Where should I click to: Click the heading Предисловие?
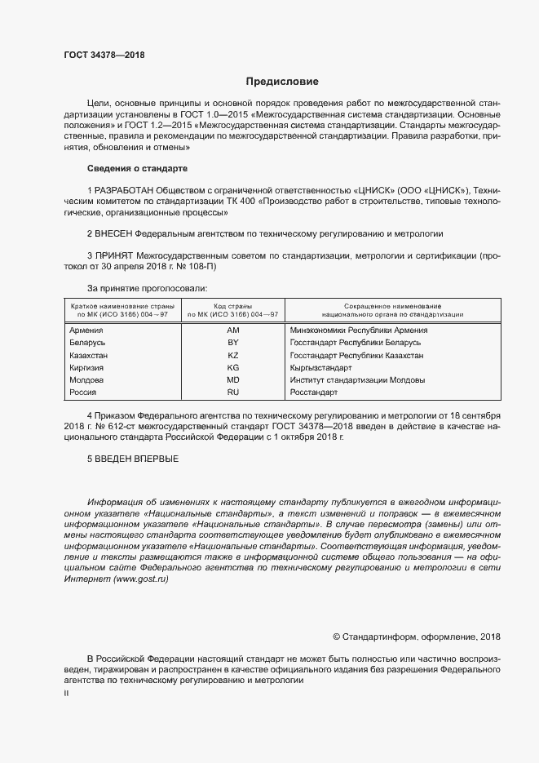[282, 82]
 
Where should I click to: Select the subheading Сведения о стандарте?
[137, 168]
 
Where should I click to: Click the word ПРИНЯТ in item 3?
[116, 255]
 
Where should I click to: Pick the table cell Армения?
[86, 330]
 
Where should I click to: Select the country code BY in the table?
[232, 344]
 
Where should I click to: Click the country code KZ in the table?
[232, 356]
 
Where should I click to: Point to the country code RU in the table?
[232, 393]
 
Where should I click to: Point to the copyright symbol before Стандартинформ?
[337, 637]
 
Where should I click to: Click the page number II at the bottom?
[66, 693]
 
